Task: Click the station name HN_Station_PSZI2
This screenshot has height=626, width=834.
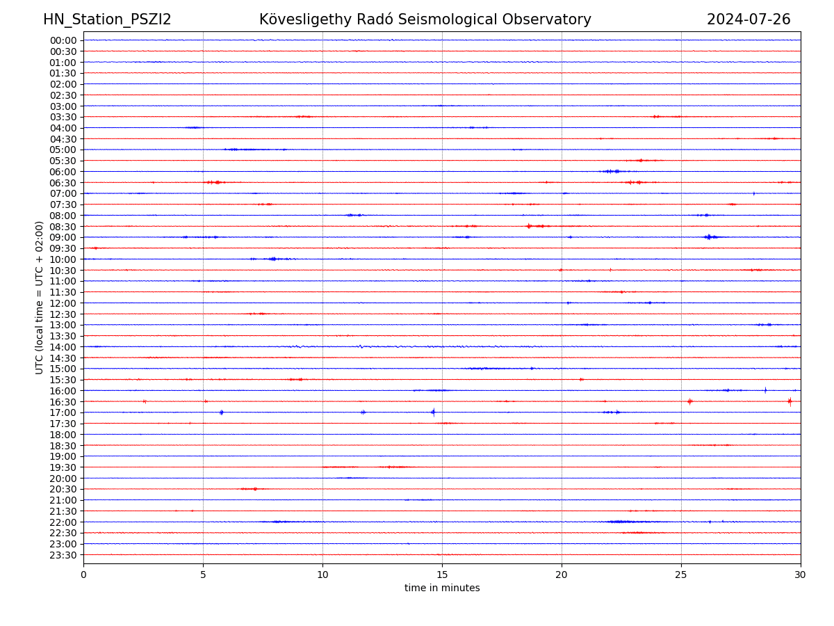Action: (x=107, y=19)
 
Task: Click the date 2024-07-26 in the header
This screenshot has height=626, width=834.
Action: (x=749, y=19)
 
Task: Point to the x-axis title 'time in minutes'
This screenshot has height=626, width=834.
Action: (x=442, y=588)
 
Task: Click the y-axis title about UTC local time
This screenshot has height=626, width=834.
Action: (x=40, y=297)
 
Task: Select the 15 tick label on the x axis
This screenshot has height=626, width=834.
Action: (x=442, y=575)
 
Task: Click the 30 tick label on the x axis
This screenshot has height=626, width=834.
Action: (x=801, y=575)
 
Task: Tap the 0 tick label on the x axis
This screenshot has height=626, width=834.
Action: (x=83, y=575)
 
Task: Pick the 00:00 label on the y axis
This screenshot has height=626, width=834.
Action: (x=63, y=40)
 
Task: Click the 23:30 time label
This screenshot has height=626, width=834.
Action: (x=63, y=555)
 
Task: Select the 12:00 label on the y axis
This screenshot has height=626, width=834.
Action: (x=63, y=303)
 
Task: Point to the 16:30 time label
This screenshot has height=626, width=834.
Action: (x=63, y=402)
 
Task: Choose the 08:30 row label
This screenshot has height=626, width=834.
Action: (x=63, y=227)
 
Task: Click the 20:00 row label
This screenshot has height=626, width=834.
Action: (x=63, y=479)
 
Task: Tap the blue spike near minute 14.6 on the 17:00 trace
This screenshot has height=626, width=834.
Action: (x=433, y=412)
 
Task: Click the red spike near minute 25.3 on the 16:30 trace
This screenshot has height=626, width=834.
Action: (x=689, y=401)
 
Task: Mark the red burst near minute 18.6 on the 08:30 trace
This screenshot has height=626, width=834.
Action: (x=529, y=226)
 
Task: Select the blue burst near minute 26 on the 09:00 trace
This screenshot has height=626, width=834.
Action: (x=708, y=237)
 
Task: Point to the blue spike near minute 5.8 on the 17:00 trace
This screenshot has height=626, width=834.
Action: (x=222, y=412)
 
